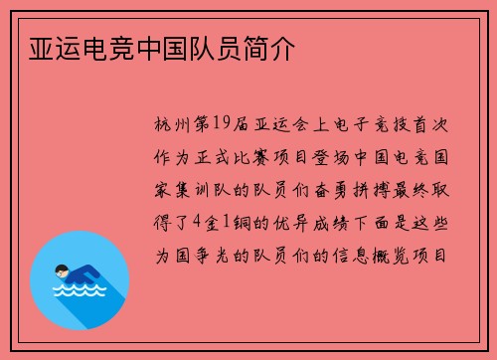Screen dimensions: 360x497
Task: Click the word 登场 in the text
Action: pos(334,158)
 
